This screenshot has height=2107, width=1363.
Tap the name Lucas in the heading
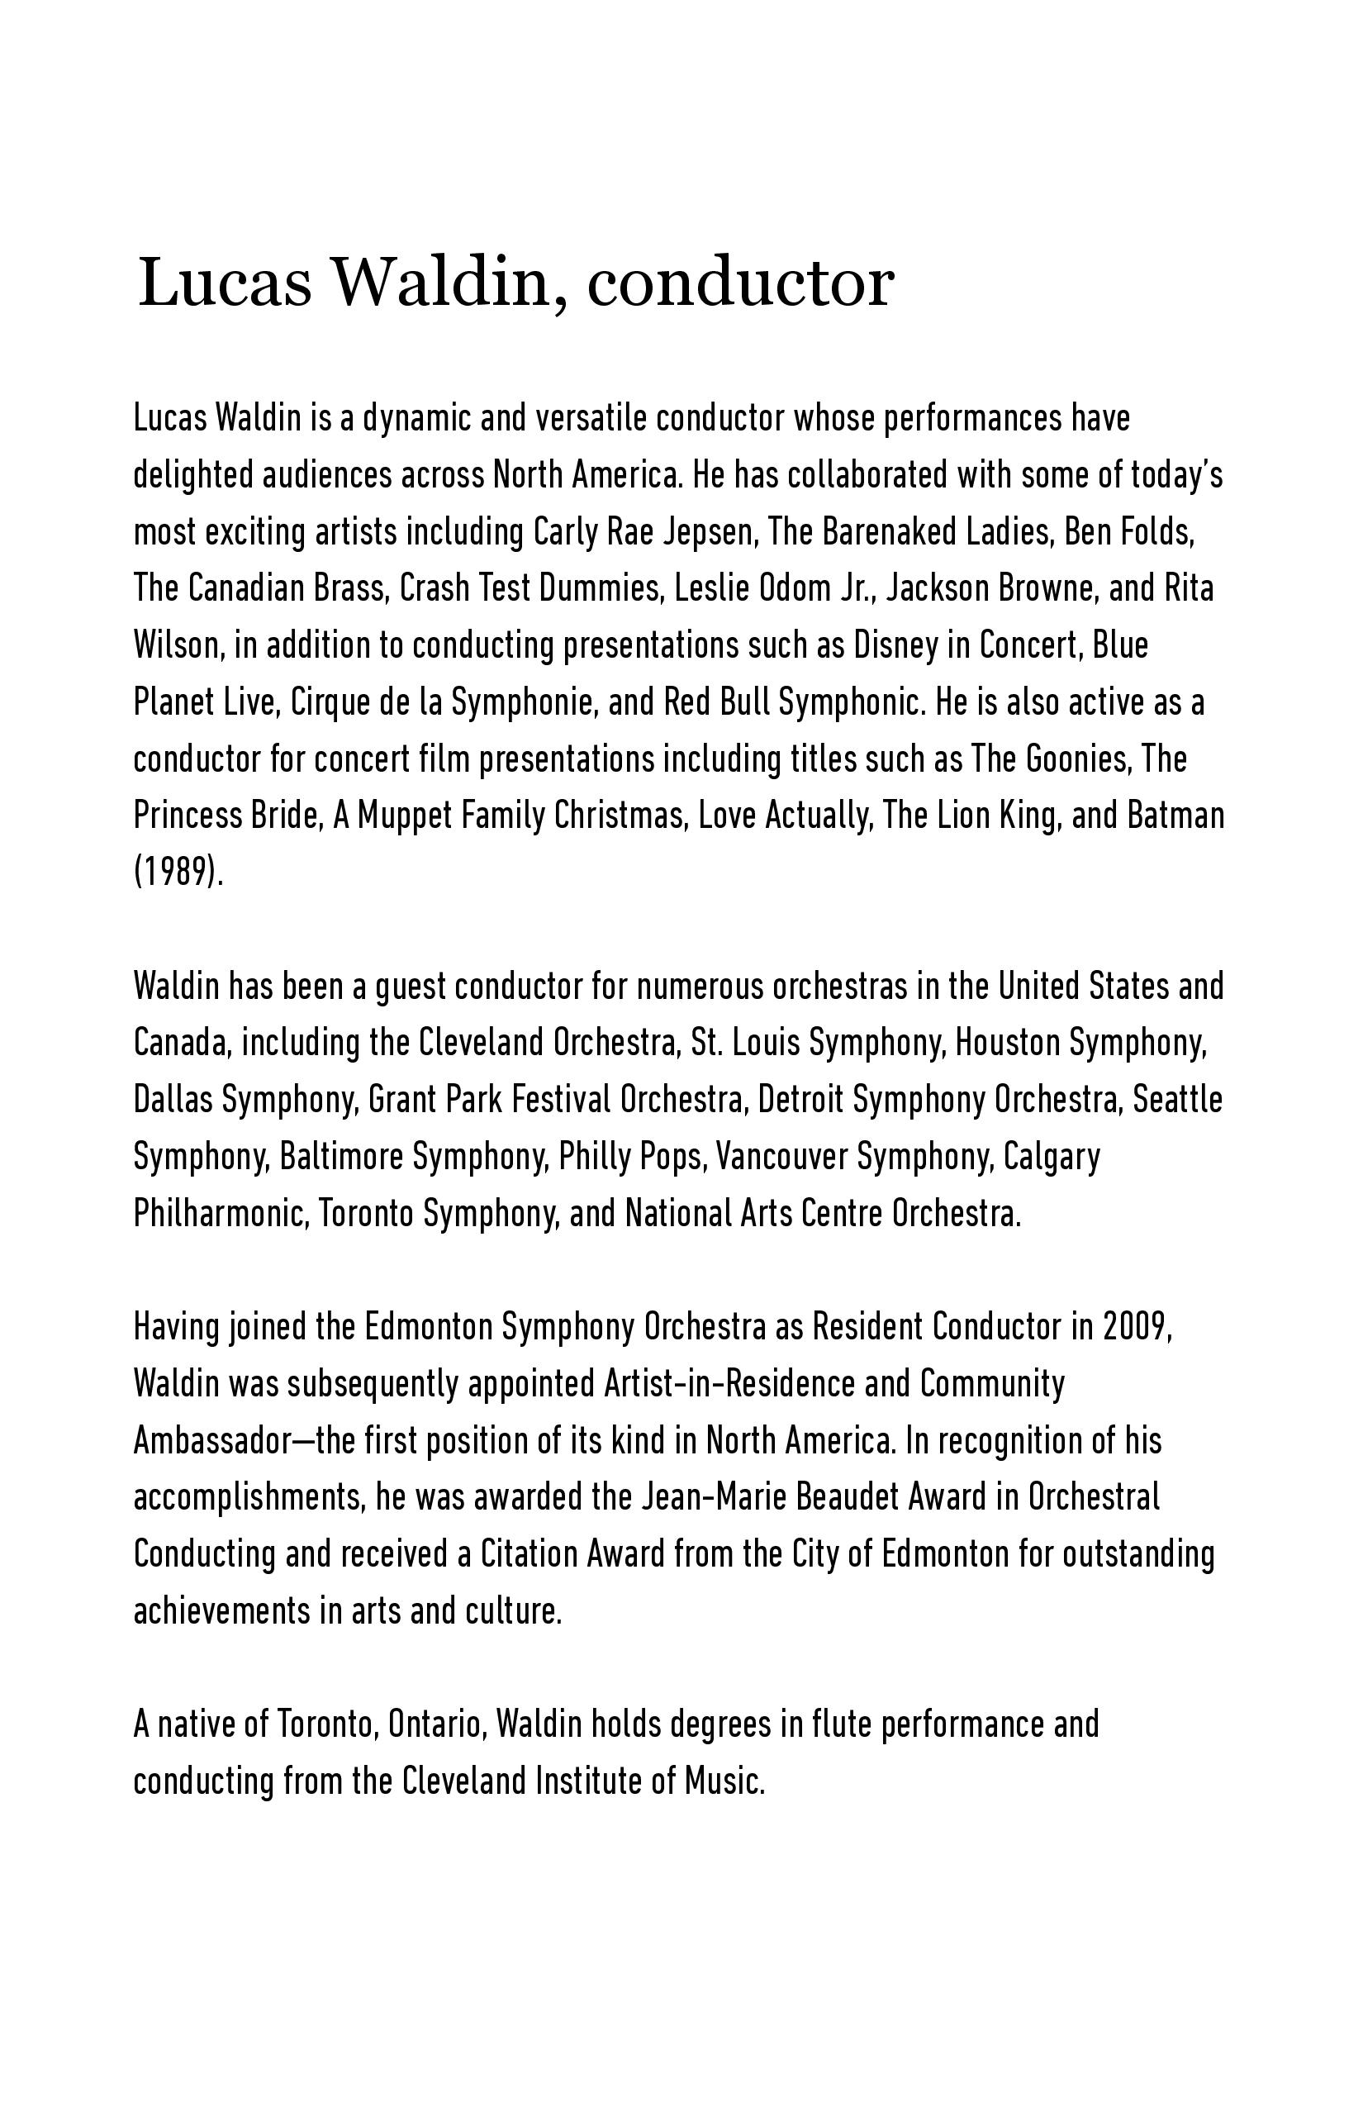coord(225,283)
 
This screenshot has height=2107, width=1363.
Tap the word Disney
coord(895,645)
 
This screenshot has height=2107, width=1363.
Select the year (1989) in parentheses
coord(178,873)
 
